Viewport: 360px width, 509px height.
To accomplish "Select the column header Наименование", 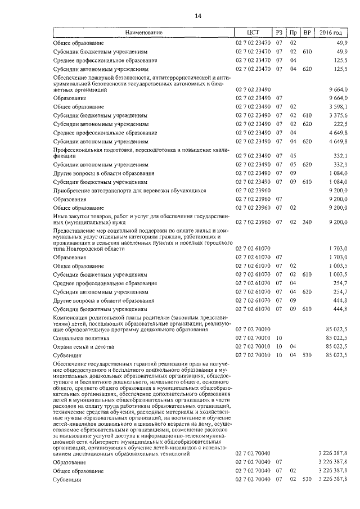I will (143, 33).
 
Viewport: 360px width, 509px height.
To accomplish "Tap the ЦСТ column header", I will (253, 33).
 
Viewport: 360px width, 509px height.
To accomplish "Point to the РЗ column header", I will (279, 33).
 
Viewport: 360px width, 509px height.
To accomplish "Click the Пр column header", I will (293, 33).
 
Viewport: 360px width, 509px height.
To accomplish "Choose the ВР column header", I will (307, 33).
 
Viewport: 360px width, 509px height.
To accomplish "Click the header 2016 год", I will (334, 33).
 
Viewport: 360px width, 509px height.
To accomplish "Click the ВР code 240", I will (307, 223).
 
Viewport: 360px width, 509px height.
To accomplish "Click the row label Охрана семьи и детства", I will (80, 347).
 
